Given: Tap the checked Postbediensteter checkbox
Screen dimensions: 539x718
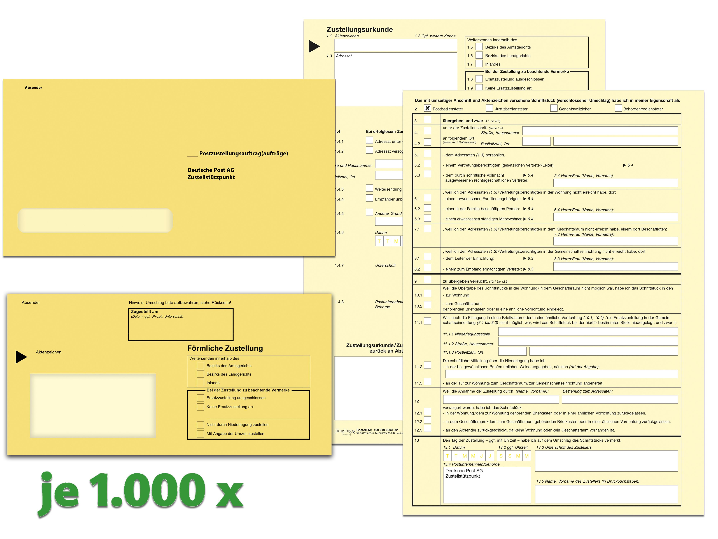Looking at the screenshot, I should (428, 108).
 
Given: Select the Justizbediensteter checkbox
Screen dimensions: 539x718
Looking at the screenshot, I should (489, 108).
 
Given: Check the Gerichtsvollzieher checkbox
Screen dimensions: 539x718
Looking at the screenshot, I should (554, 108).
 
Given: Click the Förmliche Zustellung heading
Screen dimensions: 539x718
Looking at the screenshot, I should (225, 348).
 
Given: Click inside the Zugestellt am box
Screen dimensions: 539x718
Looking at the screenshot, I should (181, 328).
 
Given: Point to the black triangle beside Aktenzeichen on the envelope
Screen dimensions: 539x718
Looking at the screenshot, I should (21, 357).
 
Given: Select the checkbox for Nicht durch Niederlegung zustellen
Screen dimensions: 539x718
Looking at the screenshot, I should (200, 425).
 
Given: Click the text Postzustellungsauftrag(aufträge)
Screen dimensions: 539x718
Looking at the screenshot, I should (243, 153).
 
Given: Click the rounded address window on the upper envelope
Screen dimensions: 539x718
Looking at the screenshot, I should (95, 221).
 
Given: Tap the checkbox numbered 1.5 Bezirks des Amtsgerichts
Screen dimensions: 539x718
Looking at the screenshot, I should (479, 47).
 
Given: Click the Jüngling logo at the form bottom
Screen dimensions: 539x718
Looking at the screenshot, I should (344, 431).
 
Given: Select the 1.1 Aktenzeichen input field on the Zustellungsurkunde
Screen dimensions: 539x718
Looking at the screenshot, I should (395, 45).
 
